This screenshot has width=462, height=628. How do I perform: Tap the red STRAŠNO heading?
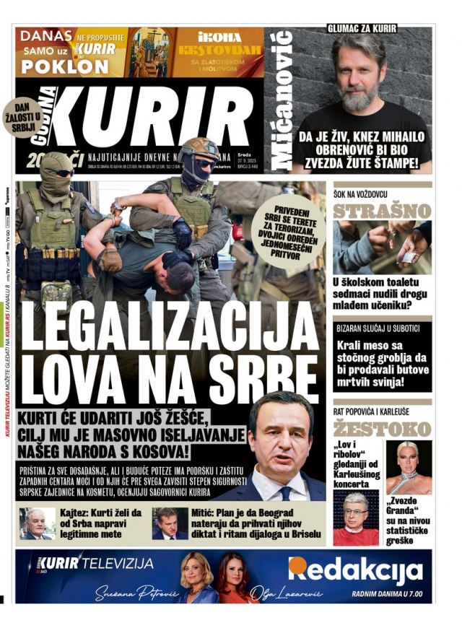click(382, 211)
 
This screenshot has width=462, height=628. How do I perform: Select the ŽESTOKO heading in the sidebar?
click(382, 428)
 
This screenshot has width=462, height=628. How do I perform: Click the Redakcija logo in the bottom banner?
click(355, 570)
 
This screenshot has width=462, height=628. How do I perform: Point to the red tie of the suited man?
click(284, 494)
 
